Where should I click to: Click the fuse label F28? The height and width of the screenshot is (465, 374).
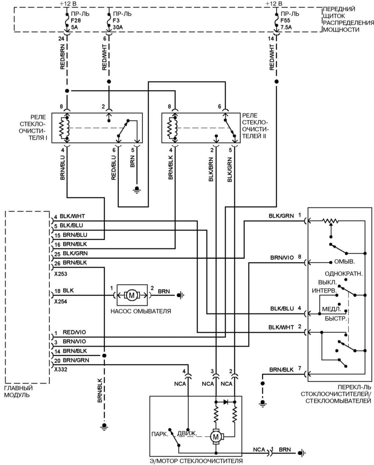(x=76, y=21)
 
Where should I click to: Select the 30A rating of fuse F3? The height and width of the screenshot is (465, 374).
(x=118, y=27)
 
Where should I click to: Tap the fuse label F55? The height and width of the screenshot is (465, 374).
(x=285, y=21)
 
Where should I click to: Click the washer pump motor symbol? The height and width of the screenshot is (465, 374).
(x=132, y=295)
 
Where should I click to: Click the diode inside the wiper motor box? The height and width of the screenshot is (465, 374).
(x=226, y=402)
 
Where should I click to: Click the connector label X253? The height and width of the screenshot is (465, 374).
(x=61, y=274)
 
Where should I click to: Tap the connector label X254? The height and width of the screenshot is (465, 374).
(x=61, y=302)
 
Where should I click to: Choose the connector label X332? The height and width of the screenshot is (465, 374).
(x=61, y=369)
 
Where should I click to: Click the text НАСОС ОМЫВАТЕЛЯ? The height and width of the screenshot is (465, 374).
(x=141, y=311)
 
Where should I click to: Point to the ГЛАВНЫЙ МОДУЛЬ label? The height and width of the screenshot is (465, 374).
(x=18, y=391)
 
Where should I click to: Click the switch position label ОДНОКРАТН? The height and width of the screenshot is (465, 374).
(x=344, y=273)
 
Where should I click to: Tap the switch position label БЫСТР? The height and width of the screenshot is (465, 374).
(x=336, y=319)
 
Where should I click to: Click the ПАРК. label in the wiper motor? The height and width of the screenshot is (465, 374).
(x=160, y=434)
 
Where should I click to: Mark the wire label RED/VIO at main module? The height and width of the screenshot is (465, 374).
(x=74, y=332)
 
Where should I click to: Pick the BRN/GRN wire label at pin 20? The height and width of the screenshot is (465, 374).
(x=76, y=360)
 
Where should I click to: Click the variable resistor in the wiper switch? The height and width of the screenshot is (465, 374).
(x=331, y=221)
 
